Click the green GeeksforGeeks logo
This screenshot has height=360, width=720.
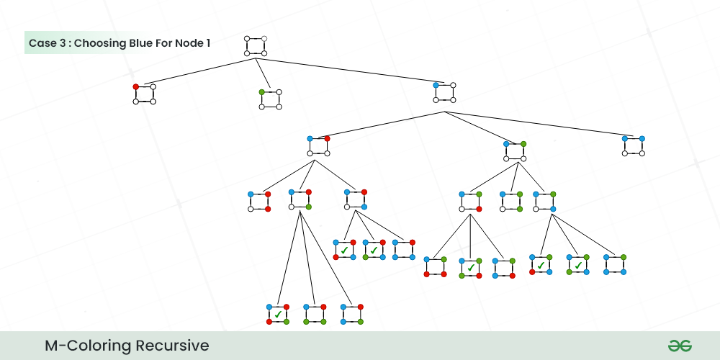pos(679,346)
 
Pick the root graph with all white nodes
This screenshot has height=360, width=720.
pos(255,45)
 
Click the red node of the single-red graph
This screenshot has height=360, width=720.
pos(135,86)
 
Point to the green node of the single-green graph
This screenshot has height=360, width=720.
pos(261,91)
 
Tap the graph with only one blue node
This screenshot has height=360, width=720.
pos(444,92)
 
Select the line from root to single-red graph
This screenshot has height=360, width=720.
pos(194,72)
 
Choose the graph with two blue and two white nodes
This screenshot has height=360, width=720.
pos(633,145)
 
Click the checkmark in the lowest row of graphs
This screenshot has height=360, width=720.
pos(278,314)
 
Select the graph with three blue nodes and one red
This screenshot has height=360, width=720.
pos(403,249)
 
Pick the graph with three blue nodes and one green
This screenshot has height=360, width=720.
pos(614,264)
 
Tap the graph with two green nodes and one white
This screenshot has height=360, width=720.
pos(510,201)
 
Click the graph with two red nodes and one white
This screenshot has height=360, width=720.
pos(258,202)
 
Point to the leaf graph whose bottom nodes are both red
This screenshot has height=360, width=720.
pos(435,266)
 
